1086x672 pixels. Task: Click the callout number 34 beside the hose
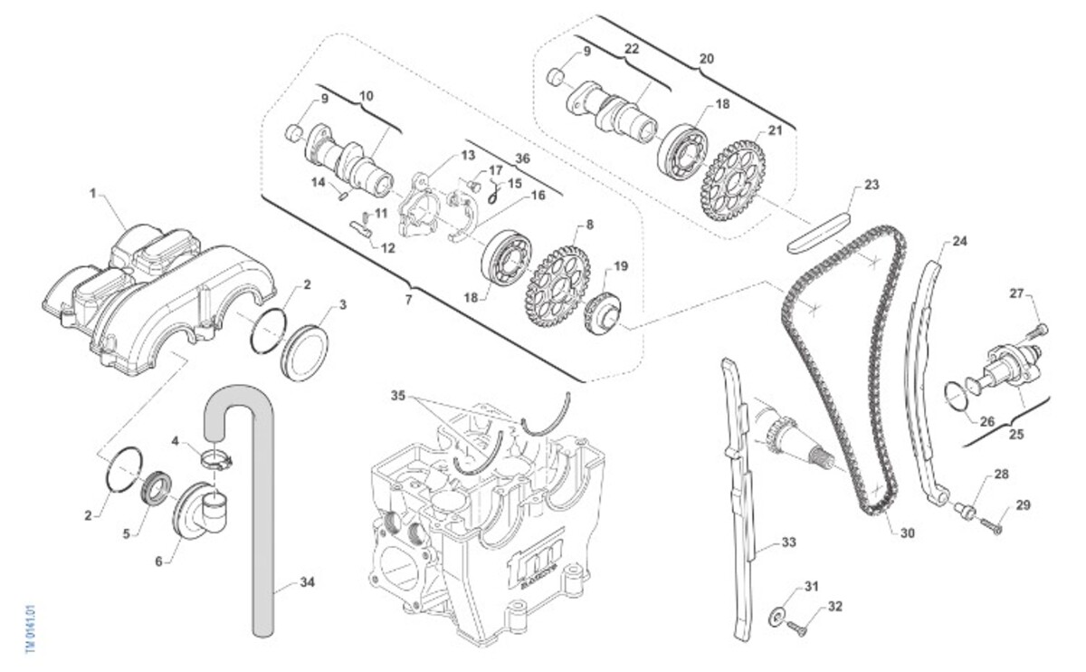coord(307,582)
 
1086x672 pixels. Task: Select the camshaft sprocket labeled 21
coord(732,180)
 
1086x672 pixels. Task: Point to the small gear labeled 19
coord(602,312)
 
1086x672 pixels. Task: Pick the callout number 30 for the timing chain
coord(907,533)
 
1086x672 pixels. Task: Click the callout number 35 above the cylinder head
coord(399,396)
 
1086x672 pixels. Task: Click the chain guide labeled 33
coord(742,498)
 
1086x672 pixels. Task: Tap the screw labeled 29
coord(992,525)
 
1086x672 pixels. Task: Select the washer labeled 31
coord(776,617)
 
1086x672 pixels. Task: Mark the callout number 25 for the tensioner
coord(1016,435)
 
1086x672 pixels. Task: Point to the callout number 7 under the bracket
coord(408,299)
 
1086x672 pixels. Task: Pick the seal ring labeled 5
coord(157,487)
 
